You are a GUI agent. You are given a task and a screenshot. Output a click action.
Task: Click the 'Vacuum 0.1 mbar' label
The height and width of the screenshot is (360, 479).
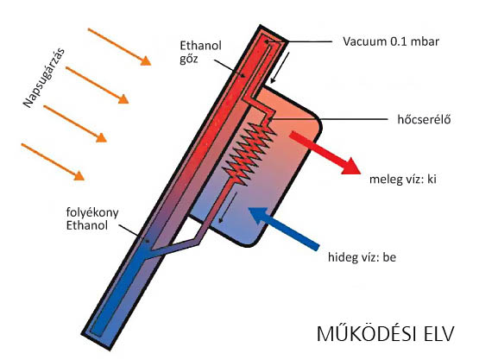pyautogui.click(x=391, y=41)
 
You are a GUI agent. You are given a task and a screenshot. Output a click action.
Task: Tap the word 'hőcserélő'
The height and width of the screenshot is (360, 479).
pyautogui.click(x=424, y=119)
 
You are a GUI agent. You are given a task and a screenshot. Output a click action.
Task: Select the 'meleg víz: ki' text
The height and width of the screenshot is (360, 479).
pyautogui.click(x=403, y=179)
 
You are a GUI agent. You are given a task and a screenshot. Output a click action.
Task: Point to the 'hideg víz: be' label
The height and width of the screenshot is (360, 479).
pyautogui.click(x=362, y=257)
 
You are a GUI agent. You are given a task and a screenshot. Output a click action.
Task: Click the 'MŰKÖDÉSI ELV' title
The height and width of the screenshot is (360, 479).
pyautogui.click(x=386, y=334)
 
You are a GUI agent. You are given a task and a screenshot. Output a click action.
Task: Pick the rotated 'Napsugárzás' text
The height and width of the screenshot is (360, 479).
pyautogui.click(x=45, y=78)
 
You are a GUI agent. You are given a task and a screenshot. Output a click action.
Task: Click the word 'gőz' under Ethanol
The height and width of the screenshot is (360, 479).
pyautogui.click(x=188, y=59)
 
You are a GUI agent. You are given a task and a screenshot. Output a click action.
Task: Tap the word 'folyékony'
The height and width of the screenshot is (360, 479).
pyautogui.click(x=92, y=212)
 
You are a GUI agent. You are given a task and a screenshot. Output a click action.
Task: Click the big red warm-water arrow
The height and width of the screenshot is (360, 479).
pyautogui.click(x=325, y=153)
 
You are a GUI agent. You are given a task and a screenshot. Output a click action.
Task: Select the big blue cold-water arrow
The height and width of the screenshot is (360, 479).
pyautogui.click(x=283, y=228)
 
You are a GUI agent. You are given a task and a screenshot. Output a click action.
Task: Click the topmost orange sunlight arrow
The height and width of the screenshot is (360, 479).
pyautogui.click(x=119, y=47)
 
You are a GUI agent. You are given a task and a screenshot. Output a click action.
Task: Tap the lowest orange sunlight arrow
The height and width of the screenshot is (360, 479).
pyautogui.click(x=53, y=161)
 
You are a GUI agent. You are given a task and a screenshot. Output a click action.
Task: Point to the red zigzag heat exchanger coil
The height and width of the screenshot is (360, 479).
pyautogui.click(x=249, y=153)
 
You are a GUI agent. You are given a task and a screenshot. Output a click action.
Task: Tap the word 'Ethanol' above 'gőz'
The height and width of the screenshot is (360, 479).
pyautogui.click(x=200, y=46)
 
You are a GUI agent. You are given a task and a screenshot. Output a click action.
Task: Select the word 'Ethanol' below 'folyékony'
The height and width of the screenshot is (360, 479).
pyautogui.click(x=87, y=225)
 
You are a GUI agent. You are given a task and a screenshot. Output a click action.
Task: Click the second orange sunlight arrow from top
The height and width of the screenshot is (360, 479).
pyautogui.click(x=98, y=85)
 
